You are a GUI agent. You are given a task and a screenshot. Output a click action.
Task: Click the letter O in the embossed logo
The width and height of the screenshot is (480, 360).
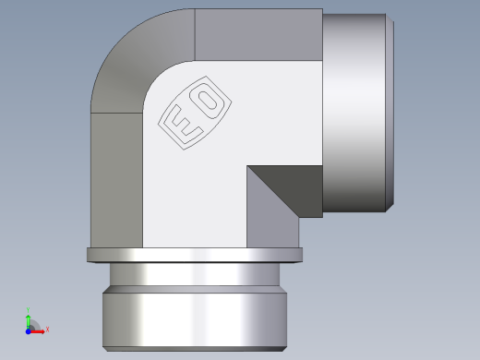tap(208, 101)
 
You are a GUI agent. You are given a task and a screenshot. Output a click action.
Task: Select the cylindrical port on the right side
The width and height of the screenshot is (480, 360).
tap(355, 111)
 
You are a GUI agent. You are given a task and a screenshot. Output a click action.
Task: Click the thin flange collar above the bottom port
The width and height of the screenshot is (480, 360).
tap(194, 255)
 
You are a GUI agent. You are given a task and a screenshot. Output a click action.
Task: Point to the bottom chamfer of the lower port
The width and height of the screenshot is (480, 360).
tap(194, 348)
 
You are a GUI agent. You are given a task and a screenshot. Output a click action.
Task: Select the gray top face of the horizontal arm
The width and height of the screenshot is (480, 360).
tap(258, 35)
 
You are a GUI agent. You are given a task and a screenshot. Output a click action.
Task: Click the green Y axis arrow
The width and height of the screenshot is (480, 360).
tap(29, 317)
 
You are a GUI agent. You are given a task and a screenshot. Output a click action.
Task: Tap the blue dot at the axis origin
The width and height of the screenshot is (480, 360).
tap(29, 329)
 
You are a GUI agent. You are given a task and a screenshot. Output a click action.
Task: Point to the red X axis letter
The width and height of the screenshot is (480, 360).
tap(47, 329)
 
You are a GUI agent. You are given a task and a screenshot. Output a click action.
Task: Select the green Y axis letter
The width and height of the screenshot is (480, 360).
tap(29, 309)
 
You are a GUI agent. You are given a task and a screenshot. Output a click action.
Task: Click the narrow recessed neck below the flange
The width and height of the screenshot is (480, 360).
tap(194, 274)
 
